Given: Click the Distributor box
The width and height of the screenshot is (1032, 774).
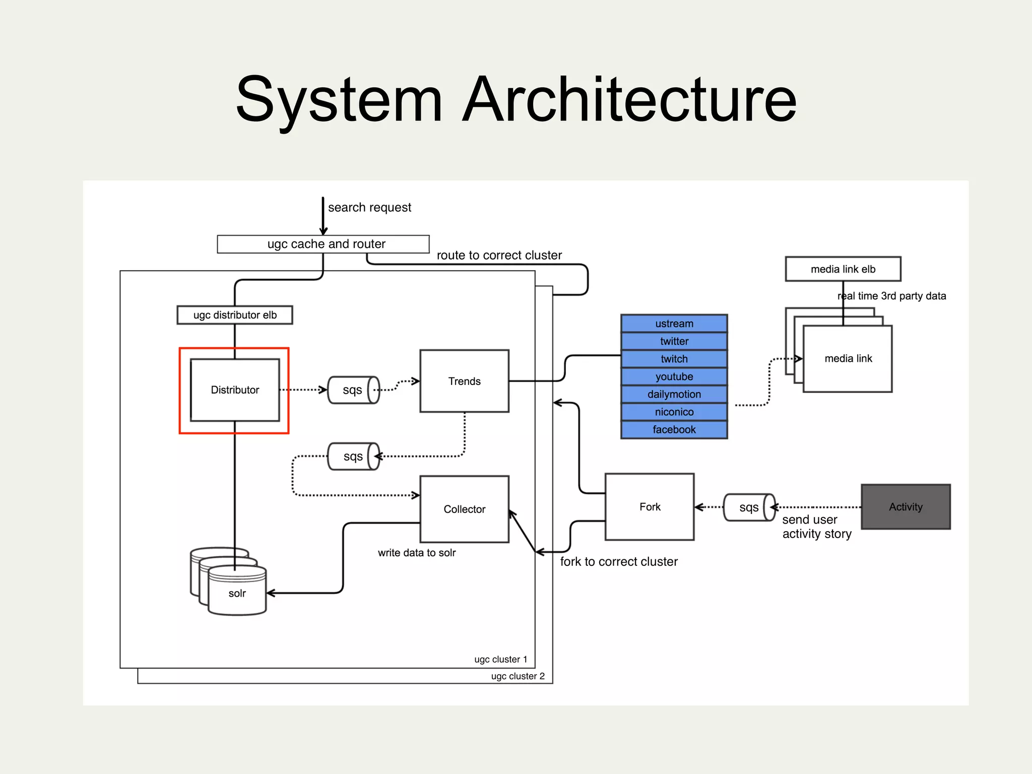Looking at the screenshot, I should (x=235, y=390).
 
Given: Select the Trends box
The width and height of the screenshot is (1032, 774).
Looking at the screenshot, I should (x=464, y=381).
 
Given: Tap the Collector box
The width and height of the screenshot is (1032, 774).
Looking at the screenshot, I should (x=464, y=509).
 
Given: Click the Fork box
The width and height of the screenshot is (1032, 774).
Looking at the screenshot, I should (x=650, y=507).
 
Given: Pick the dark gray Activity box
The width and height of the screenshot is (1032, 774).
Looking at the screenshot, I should (x=906, y=507).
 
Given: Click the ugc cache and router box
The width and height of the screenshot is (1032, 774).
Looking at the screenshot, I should (x=323, y=244).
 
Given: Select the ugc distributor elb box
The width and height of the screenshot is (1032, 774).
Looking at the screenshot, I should (x=235, y=315).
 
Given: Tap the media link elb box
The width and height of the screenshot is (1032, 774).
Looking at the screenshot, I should (x=843, y=269).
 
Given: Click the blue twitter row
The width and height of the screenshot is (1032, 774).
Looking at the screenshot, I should (x=674, y=341).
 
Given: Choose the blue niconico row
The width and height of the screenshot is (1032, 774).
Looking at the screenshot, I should (x=674, y=412).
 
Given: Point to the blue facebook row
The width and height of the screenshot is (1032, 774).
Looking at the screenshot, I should (x=674, y=429).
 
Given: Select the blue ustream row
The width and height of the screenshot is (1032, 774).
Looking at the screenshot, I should (x=674, y=324).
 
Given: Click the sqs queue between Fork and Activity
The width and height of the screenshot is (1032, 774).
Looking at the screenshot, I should (x=749, y=507).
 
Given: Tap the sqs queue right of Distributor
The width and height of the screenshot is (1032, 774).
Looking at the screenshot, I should (x=353, y=390).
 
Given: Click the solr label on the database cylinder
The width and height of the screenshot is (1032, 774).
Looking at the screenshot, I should (x=237, y=593).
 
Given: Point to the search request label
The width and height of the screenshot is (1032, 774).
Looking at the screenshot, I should (x=369, y=208).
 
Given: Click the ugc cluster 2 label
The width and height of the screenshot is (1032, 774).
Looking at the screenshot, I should (x=518, y=676).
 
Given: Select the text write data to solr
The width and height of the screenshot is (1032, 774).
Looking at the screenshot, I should (x=417, y=553).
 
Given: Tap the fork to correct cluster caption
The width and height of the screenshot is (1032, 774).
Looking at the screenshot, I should (x=619, y=562).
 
